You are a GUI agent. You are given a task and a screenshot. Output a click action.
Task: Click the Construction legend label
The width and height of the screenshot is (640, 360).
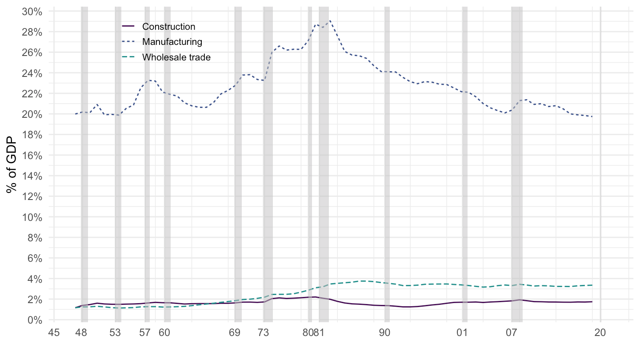168,27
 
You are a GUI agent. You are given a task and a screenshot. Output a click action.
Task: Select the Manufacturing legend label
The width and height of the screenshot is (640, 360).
172,42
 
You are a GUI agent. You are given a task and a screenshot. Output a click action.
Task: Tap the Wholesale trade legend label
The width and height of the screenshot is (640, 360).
176,57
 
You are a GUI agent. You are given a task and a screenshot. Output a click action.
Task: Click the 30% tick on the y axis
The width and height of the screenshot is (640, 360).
32,12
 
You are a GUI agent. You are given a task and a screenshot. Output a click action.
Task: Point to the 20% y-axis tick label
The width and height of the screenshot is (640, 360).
32,114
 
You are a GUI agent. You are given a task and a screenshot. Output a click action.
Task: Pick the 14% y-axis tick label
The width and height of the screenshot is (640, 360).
32,176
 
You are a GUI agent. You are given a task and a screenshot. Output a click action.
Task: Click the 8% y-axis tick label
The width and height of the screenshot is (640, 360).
34,238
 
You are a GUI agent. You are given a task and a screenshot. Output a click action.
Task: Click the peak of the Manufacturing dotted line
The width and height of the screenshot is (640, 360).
329,21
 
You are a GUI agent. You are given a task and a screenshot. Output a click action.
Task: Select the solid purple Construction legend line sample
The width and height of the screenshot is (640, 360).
128,27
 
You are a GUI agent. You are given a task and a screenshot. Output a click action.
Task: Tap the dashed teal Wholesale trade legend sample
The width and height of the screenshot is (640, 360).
128,57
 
